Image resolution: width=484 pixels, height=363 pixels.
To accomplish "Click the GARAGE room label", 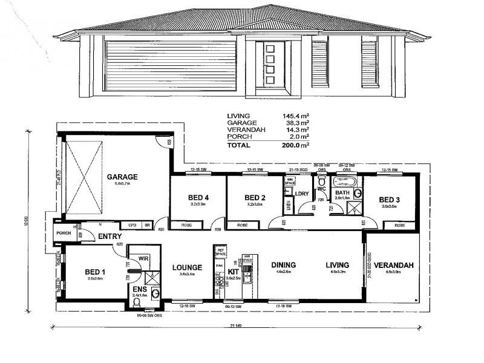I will (x=122, y=177).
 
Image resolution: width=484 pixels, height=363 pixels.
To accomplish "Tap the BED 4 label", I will (x=198, y=198).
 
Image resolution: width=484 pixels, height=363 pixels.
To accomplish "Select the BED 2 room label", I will (x=255, y=198).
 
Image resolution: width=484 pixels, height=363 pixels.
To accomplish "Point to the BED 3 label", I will (x=390, y=199).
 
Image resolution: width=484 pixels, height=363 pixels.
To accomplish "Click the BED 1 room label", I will (x=95, y=272).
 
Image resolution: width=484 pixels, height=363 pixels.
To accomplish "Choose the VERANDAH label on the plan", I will (x=393, y=265).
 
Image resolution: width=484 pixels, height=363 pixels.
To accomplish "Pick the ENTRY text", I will (x=111, y=237).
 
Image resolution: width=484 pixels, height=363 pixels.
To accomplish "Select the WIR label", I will (x=143, y=259).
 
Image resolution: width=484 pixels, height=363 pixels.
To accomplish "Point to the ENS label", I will (x=140, y=290).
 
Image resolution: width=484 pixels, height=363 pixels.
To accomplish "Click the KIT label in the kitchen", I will (x=234, y=272).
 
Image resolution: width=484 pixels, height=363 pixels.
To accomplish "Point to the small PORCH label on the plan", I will (x=64, y=234).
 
